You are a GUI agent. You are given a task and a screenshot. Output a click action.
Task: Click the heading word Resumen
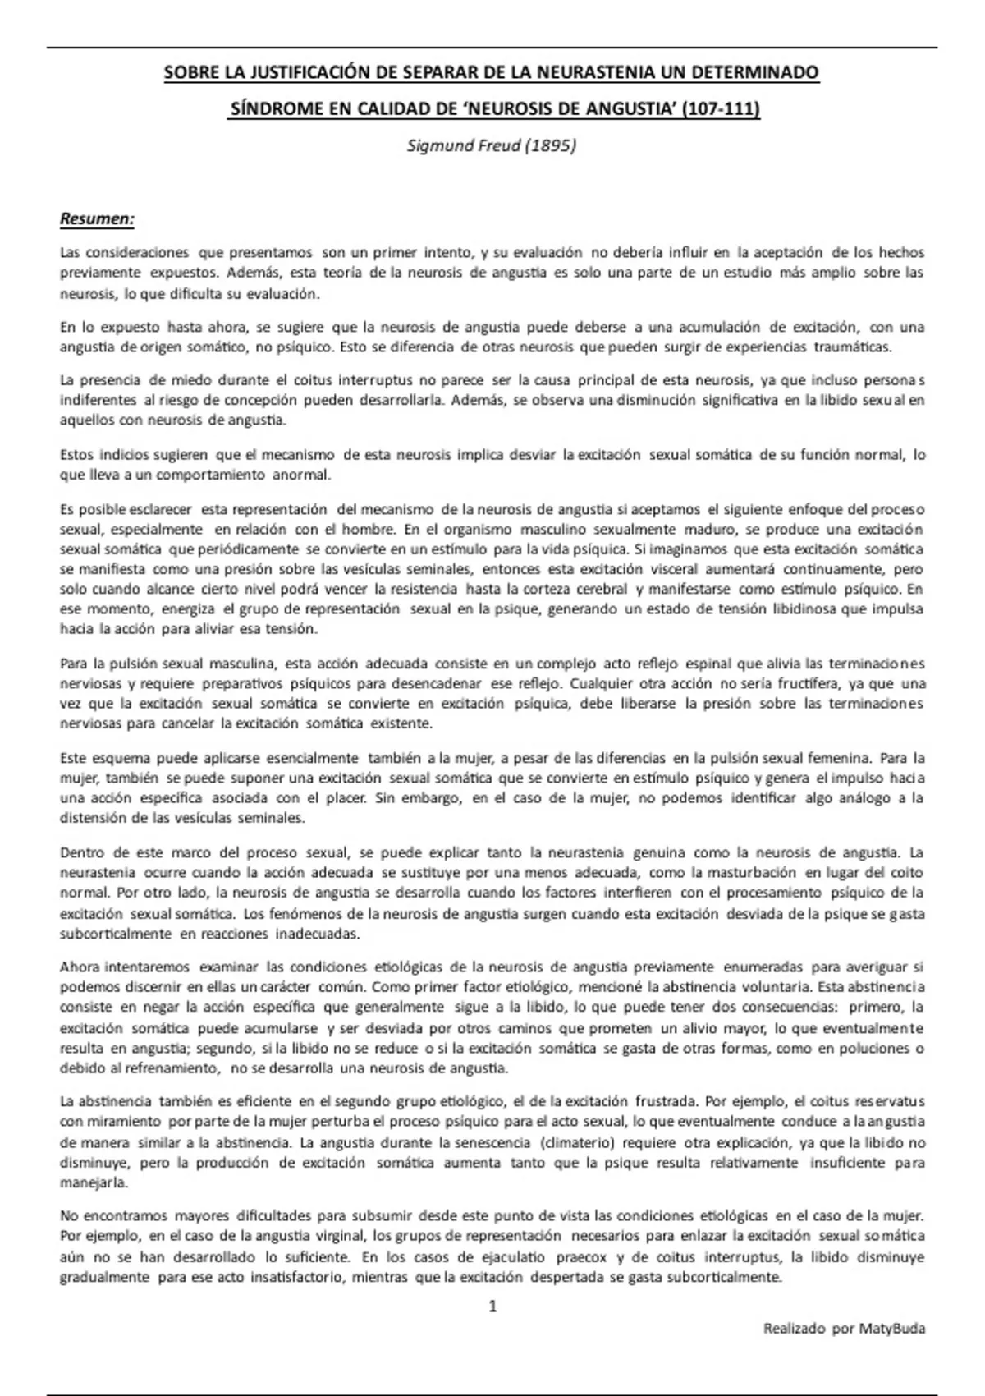tap(96, 219)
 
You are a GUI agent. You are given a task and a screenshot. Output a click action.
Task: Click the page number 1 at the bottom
tap(492, 1306)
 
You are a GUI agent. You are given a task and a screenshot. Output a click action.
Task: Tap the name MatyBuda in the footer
tap(892, 1328)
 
